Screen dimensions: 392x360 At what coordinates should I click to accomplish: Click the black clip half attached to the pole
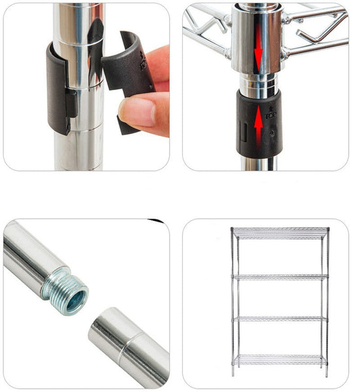pos(59,88)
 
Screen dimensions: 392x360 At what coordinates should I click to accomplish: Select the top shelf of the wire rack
pos(280,233)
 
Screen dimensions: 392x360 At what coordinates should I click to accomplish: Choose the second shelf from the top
pos(280,276)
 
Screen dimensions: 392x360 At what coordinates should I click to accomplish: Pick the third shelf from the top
pos(280,318)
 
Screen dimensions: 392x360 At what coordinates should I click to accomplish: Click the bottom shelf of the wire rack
pos(280,359)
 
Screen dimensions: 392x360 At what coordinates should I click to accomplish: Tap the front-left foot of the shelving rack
pos(233,375)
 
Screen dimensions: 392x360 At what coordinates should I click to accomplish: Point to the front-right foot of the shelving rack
pos(327,376)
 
